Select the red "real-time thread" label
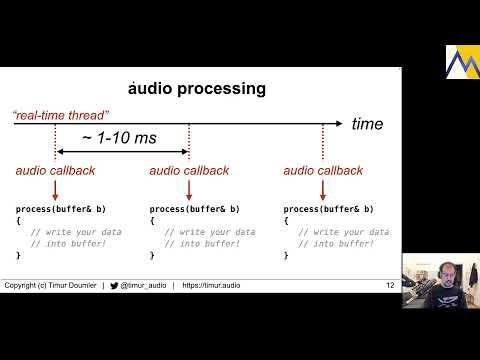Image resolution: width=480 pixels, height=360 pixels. (60, 116)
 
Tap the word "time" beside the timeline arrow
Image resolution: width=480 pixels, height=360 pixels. (367, 123)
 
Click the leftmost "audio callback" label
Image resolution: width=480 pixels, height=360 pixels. (55, 171)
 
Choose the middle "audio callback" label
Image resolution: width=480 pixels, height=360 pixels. (189, 171)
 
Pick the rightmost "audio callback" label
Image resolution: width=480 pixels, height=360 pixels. (323, 171)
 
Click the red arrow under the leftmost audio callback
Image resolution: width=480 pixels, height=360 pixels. (55, 189)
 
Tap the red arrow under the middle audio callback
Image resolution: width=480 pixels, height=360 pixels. (189, 189)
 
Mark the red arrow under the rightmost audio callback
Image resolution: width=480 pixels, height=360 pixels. (323, 189)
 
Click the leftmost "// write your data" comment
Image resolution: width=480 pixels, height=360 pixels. (76, 232)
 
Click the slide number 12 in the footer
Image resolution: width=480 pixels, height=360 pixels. (390, 286)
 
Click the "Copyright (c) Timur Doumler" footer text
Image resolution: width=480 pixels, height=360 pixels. (50, 286)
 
